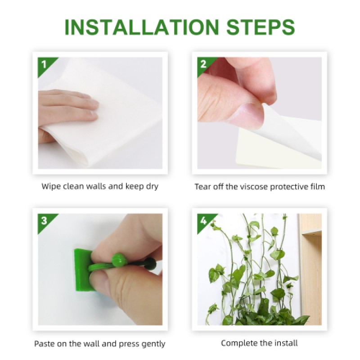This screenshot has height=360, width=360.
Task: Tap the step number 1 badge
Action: coord(43,64)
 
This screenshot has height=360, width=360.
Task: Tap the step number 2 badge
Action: coord(203,64)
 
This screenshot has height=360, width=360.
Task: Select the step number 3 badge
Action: coord(44,220)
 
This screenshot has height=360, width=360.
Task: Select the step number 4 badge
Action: coord(203,220)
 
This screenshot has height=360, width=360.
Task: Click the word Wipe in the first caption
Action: coord(51,186)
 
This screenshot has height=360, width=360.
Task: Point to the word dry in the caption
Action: coord(151,186)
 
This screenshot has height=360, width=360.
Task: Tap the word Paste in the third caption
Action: coord(45,344)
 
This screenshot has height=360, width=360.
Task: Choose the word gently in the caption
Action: coord(153,344)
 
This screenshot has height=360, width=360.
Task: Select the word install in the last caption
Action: coord(285,343)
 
